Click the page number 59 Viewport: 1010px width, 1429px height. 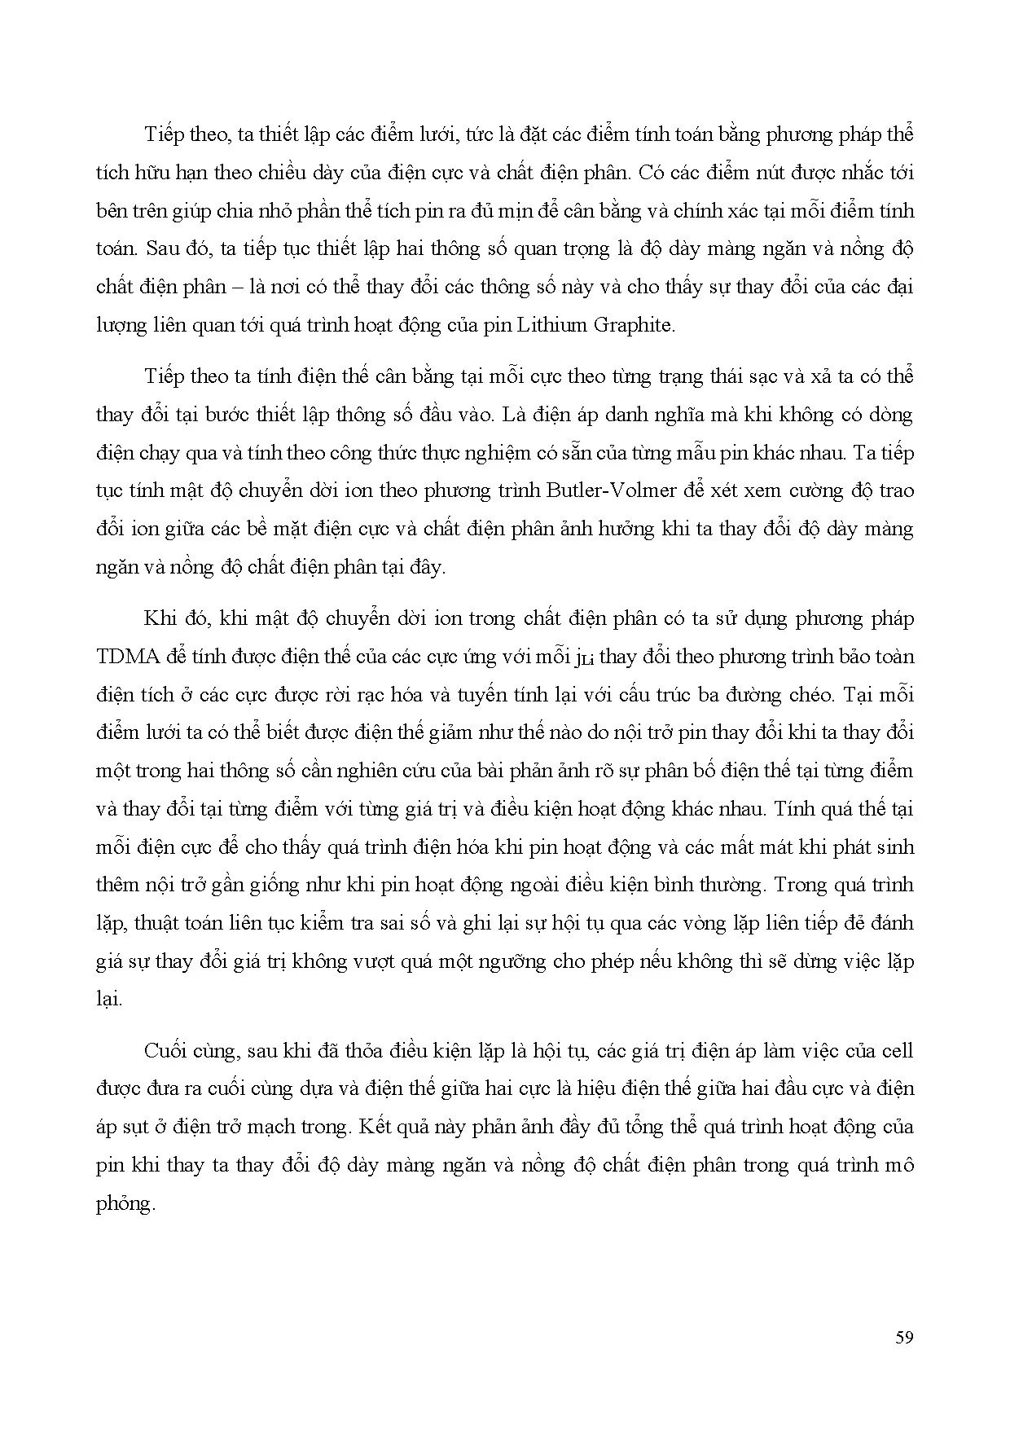coord(903,1338)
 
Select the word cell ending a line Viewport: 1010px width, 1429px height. coord(897,1050)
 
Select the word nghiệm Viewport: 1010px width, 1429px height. coord(503,453)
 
